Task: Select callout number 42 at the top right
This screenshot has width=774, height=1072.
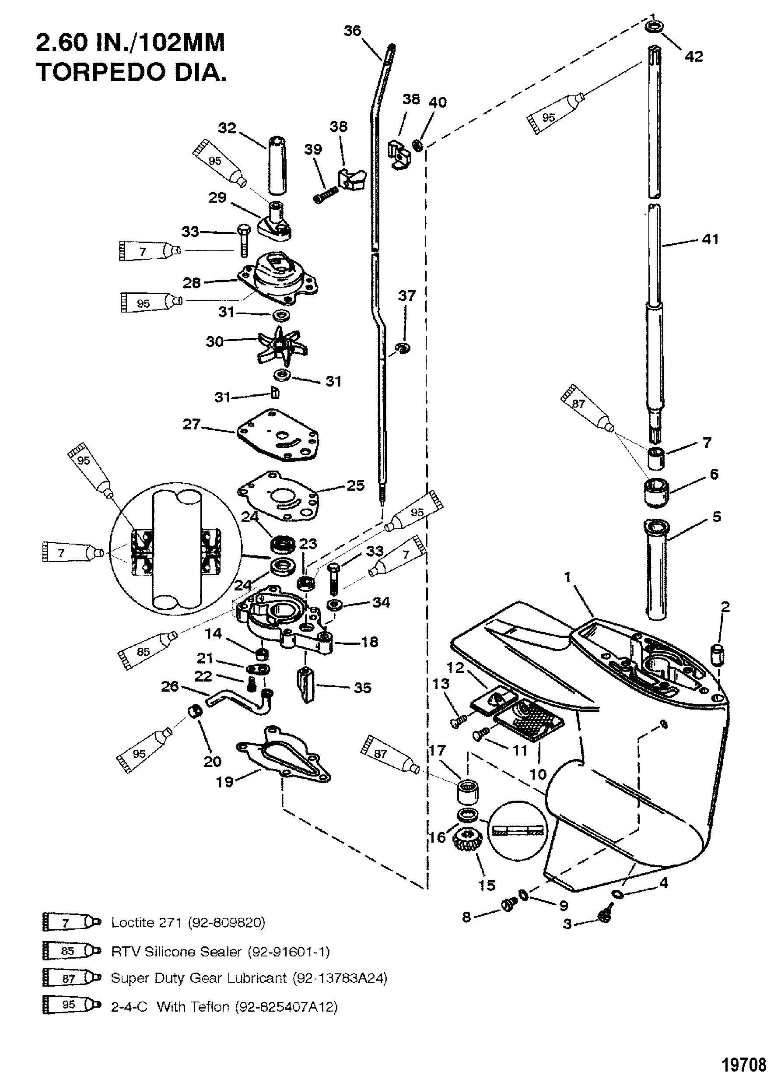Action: pos(693,56)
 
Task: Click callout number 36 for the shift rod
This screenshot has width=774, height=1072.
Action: pos(352,31)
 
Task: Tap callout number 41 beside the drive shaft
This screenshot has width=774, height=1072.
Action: pos(710,239)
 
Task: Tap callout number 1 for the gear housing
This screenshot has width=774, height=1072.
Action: pos(567,576)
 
